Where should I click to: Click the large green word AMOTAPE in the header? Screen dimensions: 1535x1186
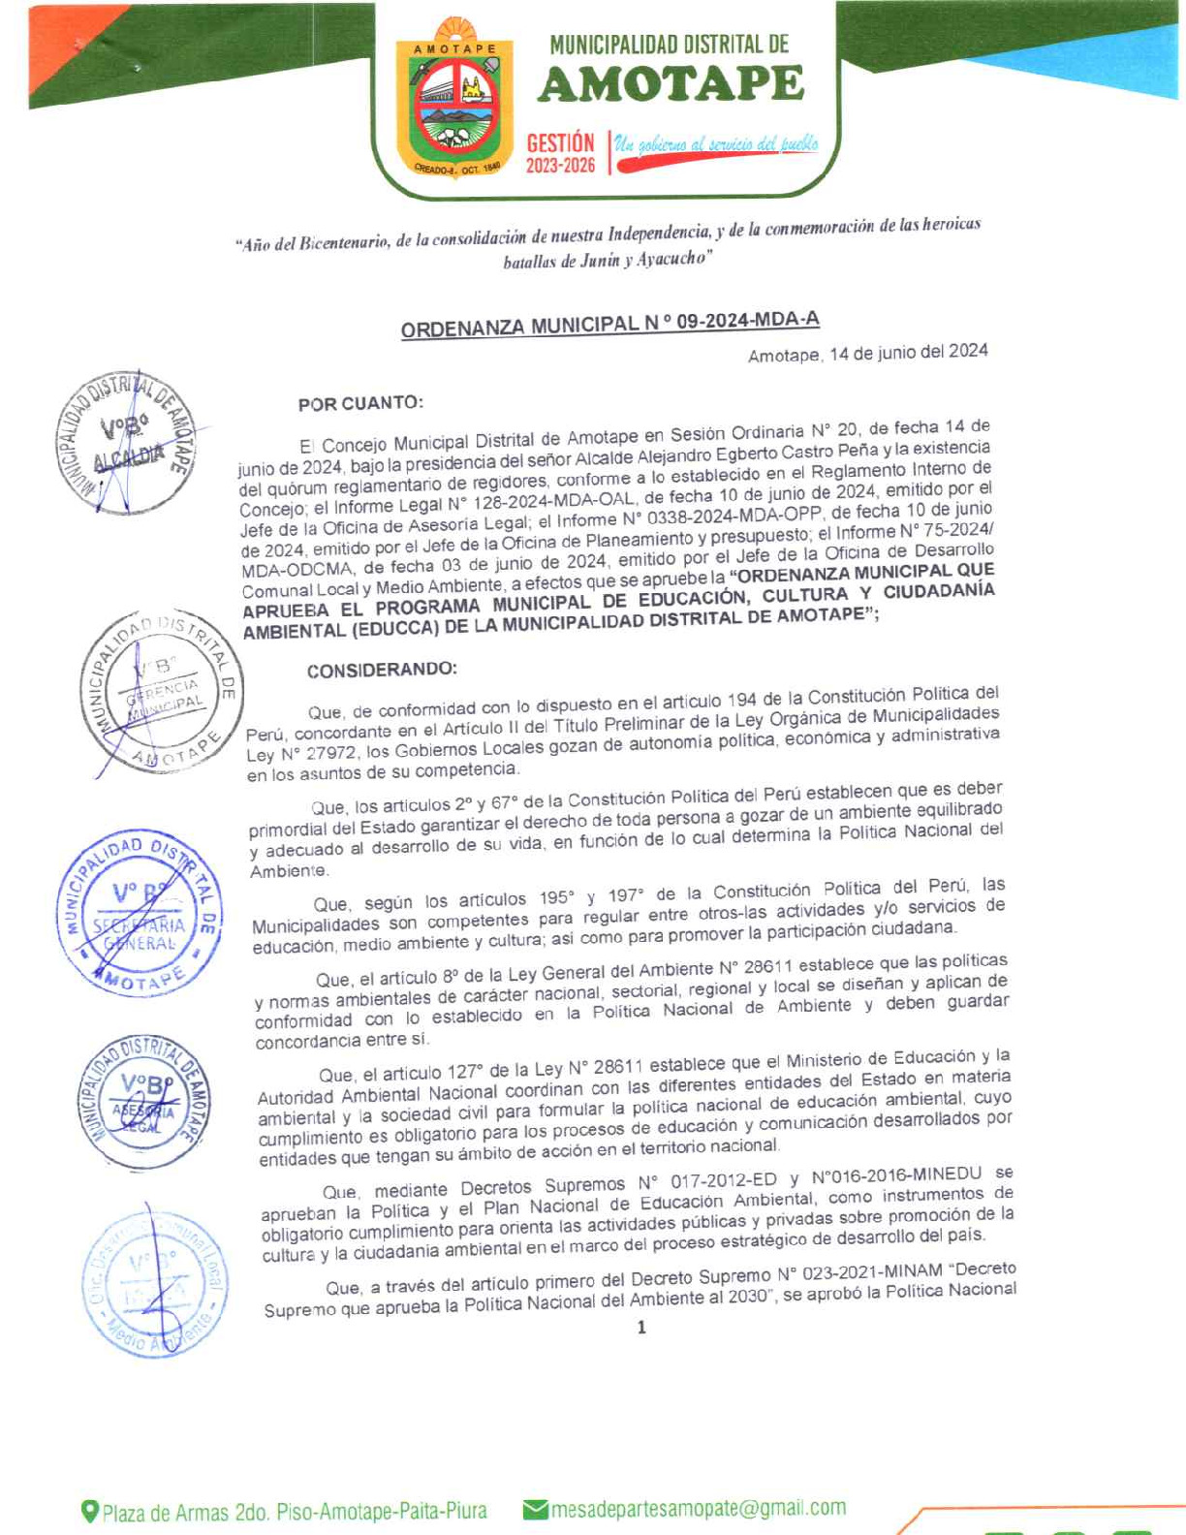coord(671,85)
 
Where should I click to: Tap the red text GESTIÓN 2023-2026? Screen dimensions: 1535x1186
coord(560,153)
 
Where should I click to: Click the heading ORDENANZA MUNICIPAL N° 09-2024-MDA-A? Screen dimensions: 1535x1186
coord(609,324)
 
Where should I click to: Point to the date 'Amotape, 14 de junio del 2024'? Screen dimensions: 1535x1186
coord(867,353)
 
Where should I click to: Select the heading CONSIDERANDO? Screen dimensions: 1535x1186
coord(381,670)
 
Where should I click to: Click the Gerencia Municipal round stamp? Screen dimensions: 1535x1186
coord(161,692)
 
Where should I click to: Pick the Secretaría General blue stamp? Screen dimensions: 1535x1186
coord(139,912)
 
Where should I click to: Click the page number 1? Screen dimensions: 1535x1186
coord(641,1328)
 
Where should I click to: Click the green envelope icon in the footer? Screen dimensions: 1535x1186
coord(535,1509)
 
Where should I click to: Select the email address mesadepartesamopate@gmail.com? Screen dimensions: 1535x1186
coord(698,1508)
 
